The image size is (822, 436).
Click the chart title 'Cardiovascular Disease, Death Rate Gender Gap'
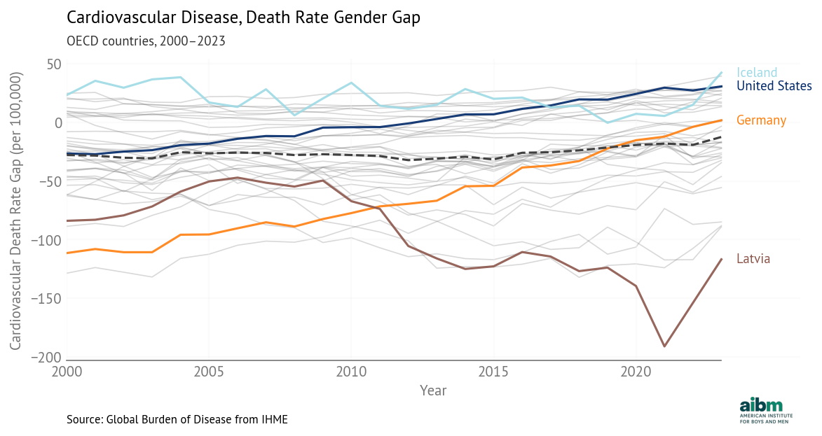point(243,17)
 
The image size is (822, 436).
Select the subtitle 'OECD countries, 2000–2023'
point(146,41)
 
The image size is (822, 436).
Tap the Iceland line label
point(757,73)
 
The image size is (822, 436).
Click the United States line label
point(774,86)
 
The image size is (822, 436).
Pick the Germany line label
point(761,120)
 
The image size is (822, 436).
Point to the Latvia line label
point(753,259)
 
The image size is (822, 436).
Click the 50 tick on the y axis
point(55,64)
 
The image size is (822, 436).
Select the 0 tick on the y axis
point(59,122)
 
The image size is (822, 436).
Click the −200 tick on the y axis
point(46,357)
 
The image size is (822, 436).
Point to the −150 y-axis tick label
point(46,299)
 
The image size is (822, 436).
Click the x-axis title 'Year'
point(432,391)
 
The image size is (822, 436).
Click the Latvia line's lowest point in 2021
point(664,346)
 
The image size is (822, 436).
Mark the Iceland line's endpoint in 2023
point(721,73)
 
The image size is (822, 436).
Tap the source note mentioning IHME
point(177,419)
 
